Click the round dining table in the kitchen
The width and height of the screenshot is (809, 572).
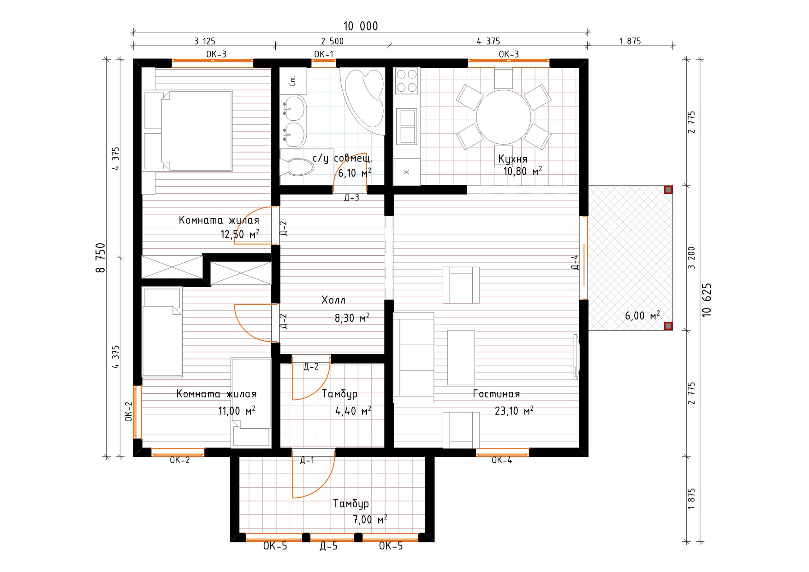pos(503,117)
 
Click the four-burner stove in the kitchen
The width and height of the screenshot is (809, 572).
pos(406,81)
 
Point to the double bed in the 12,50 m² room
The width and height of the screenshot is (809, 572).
pos(188,130)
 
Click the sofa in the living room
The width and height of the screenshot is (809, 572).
pos(413,358)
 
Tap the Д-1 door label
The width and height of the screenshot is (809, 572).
pos(307,460)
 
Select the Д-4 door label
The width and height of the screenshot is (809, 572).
pos(575,262)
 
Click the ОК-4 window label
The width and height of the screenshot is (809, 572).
pos(502,460)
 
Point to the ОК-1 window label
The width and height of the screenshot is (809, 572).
pos(324,54)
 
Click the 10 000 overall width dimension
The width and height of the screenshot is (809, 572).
pos(361,26)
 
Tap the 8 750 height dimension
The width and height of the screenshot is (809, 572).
pos(101,258)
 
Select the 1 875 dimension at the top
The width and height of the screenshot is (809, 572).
pos(630,41)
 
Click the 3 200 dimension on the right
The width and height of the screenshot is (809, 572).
pos(691,258)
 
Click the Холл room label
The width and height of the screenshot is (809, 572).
pos(333,300)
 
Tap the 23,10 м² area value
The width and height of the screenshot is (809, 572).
pos(514,410)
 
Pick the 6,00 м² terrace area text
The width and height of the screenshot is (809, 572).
pos(642,316)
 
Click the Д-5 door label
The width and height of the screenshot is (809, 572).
pos(329,546)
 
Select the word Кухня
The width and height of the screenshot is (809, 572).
pos(512,159)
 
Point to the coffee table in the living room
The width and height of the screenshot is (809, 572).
pos(461,357)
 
